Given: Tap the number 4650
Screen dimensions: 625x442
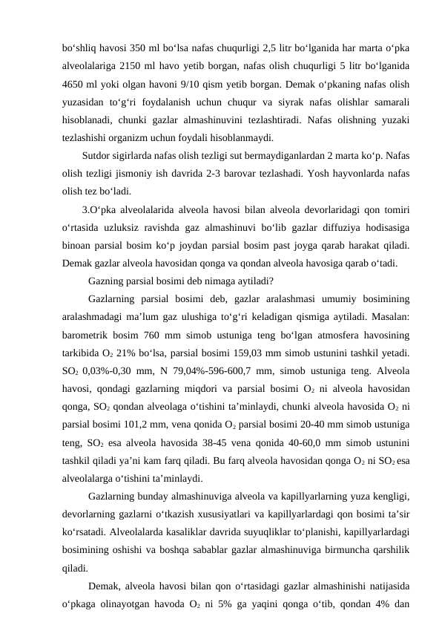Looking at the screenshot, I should click(75, 83).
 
